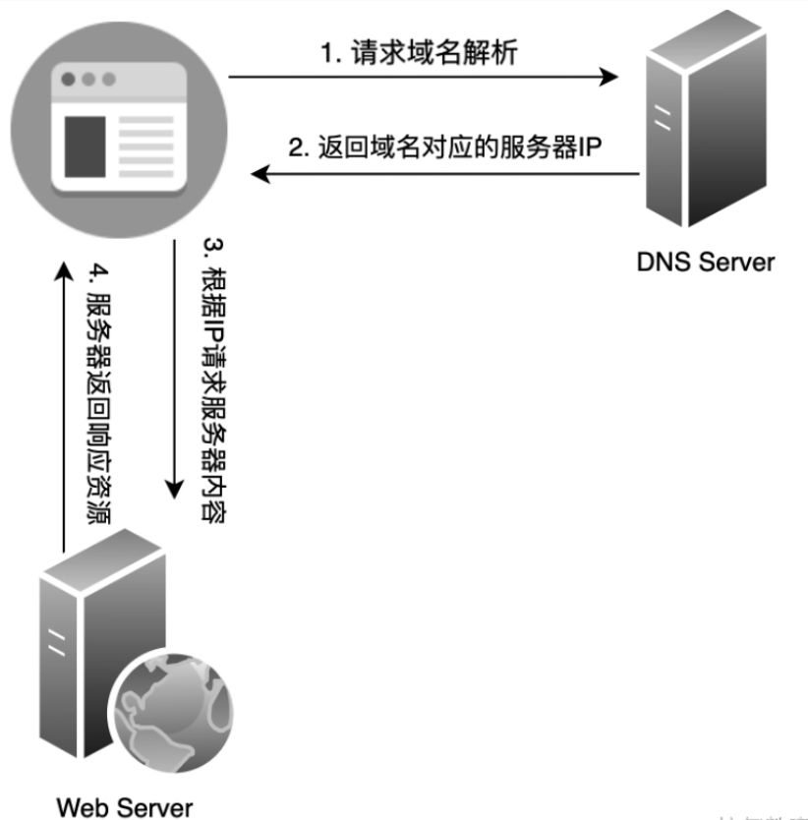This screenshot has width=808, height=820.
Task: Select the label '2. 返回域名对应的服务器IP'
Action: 444,147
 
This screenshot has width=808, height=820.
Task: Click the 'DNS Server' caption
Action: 705,262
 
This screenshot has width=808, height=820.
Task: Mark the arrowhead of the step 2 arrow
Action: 260,175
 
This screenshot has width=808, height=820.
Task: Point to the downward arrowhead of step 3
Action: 175,489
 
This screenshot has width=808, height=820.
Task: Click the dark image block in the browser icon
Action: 85,145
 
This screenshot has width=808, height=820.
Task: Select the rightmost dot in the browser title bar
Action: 108,79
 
